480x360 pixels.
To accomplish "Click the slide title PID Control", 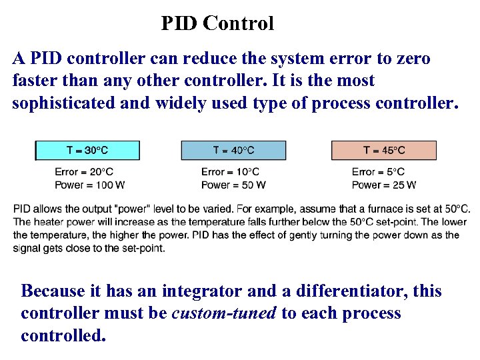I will (x=217, y=24).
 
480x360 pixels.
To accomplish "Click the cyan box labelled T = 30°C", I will (x=87, y=150).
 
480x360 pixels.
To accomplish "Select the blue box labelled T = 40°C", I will (x=233, y=150).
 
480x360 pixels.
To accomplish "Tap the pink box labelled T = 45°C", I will (x=384, y=150).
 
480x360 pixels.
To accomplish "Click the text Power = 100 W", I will (x=89, y=185).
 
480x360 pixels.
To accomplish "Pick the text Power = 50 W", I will (x=233, y=185).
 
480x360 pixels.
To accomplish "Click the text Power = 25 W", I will (x=384, y=185).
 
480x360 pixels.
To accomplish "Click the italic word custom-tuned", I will (x=224, y=313).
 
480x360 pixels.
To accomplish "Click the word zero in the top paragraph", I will (x=413, y=59).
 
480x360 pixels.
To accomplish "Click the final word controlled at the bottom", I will (x=63, y=335).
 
